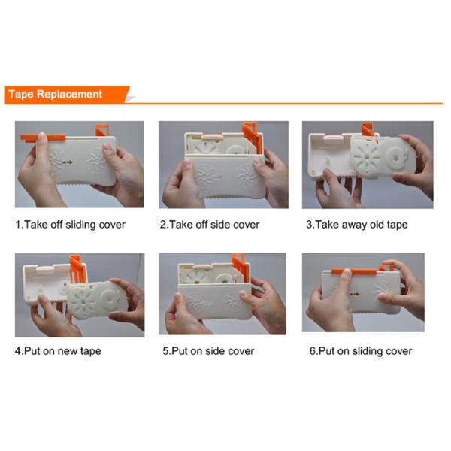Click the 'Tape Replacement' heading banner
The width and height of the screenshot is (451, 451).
coord(67,95)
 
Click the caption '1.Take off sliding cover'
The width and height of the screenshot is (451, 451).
coord(70,225)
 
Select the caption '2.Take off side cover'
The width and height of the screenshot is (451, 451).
coord(210,225)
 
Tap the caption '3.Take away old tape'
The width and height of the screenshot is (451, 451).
coord(356,225)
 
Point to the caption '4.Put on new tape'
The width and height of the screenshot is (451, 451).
coord(58,351)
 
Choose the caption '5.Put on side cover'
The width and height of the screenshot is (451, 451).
coord(208,351)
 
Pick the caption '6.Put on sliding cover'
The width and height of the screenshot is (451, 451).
coord(361,351)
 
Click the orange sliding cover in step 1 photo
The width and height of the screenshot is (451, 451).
coord(43,138)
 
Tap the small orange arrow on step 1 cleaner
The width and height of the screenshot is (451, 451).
coord(68,162)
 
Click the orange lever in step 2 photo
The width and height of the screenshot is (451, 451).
coord(252,137)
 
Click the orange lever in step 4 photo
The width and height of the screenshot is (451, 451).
coord(77,270)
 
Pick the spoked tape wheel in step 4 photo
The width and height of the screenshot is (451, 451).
coord(82,301)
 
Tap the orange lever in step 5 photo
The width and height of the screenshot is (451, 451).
coord(241,267)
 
